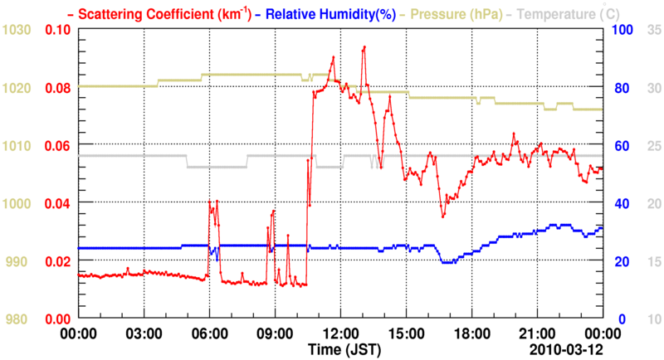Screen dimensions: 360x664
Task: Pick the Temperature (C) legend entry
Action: pos(573,13)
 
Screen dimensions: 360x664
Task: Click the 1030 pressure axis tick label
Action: pos(17,30)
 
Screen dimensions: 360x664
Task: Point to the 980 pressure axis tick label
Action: pos(21,319)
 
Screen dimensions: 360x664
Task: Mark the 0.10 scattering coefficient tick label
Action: pos(58,30)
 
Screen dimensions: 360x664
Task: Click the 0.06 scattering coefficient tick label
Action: pos(58,146)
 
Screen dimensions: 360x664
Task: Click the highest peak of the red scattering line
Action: pos(364,47)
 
